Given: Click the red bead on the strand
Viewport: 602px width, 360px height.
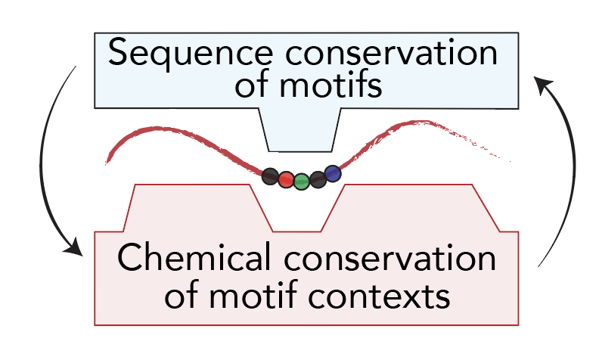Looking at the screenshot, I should pyautogui.click(x=285, y=179).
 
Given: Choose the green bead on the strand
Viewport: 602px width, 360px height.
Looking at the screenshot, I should pyautogui.click(x=301, y=182).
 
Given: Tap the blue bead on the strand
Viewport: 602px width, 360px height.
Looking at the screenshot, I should pyautogui.click(x=333, y=174).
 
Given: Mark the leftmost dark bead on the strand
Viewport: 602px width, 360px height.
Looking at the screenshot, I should pyautogui.click(x=270, y=178).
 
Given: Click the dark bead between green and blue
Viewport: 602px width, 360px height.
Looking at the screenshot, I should pyautogui.click(x=318, y=179).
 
